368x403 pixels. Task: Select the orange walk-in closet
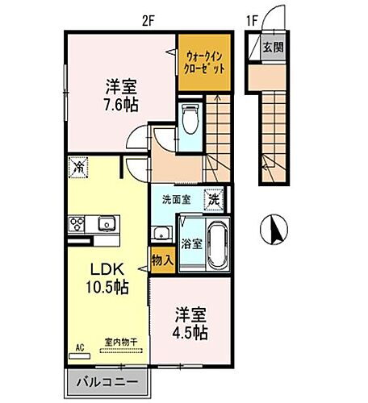202,60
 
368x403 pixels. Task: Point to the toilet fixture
191,121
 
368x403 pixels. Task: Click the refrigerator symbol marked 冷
79,168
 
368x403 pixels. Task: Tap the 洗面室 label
174,199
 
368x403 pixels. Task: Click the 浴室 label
190,241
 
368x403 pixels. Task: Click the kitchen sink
105,222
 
